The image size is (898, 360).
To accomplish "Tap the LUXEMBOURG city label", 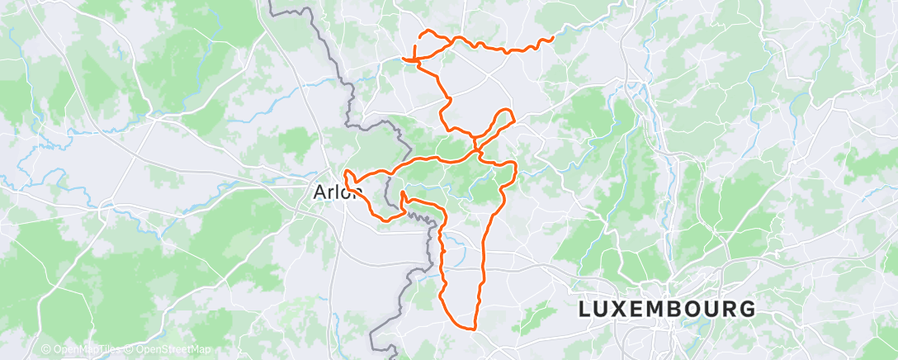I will [667, 310].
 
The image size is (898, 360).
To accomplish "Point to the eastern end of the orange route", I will [551, 38].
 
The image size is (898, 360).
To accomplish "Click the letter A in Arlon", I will [319, 192].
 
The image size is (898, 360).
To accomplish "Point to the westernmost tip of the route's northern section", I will [403, 58].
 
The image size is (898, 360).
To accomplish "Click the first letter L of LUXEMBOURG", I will [585, 310].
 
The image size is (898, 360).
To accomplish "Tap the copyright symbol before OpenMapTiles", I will [46, 349].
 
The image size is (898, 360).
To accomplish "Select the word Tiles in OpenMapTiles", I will [105, 349].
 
